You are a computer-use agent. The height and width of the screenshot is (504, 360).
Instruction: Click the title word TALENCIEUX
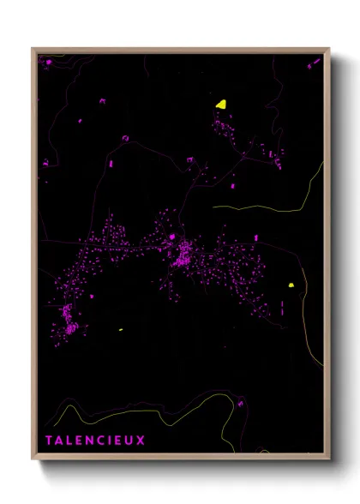click(x=96, y=441)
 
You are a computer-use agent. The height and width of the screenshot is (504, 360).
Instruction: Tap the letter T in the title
click(x=50, y=441)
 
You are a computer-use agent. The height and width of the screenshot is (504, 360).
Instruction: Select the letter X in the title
click(x=141, y=441)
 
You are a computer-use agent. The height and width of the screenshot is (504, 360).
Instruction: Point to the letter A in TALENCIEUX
click(x=60, y=441)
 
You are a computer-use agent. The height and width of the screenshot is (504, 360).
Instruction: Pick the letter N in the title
click(x=90, y=441)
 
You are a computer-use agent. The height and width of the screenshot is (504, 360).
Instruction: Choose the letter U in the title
click(x=130, y=441)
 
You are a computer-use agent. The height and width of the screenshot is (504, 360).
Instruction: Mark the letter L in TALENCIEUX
click(x=70, y=441)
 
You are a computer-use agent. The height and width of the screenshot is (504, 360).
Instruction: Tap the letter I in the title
click(x=110, y=441)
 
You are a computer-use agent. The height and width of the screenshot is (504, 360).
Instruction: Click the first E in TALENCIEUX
click(x=80, y=441)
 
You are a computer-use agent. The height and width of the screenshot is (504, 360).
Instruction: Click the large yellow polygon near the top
click(x=221, y=104)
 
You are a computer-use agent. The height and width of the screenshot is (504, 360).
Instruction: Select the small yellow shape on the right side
click(x=291, y=285)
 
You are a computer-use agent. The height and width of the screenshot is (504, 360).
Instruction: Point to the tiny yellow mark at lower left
click(x=120, y=330)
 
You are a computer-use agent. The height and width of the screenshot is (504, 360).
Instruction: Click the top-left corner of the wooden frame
click(x=33, y=49)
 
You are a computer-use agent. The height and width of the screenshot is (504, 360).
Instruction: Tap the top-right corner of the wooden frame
click(x=329, y=49)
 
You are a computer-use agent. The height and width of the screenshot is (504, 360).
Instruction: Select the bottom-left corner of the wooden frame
click(x=33, y=459)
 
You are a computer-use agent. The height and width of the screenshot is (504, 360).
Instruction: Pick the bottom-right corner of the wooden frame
click(x=329, y=459)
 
